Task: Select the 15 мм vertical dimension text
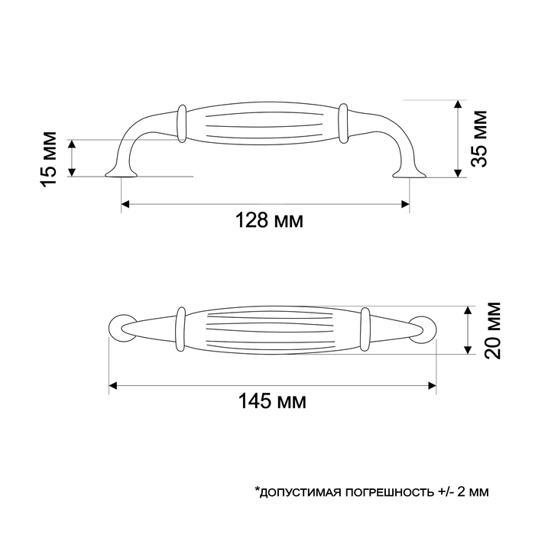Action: click(47, 158)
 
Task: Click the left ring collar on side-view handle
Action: click(182, 123)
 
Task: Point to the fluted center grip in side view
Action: click(264, 123)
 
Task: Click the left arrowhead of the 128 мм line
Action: click(127, 204)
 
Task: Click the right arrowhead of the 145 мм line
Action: click(431, 384)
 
